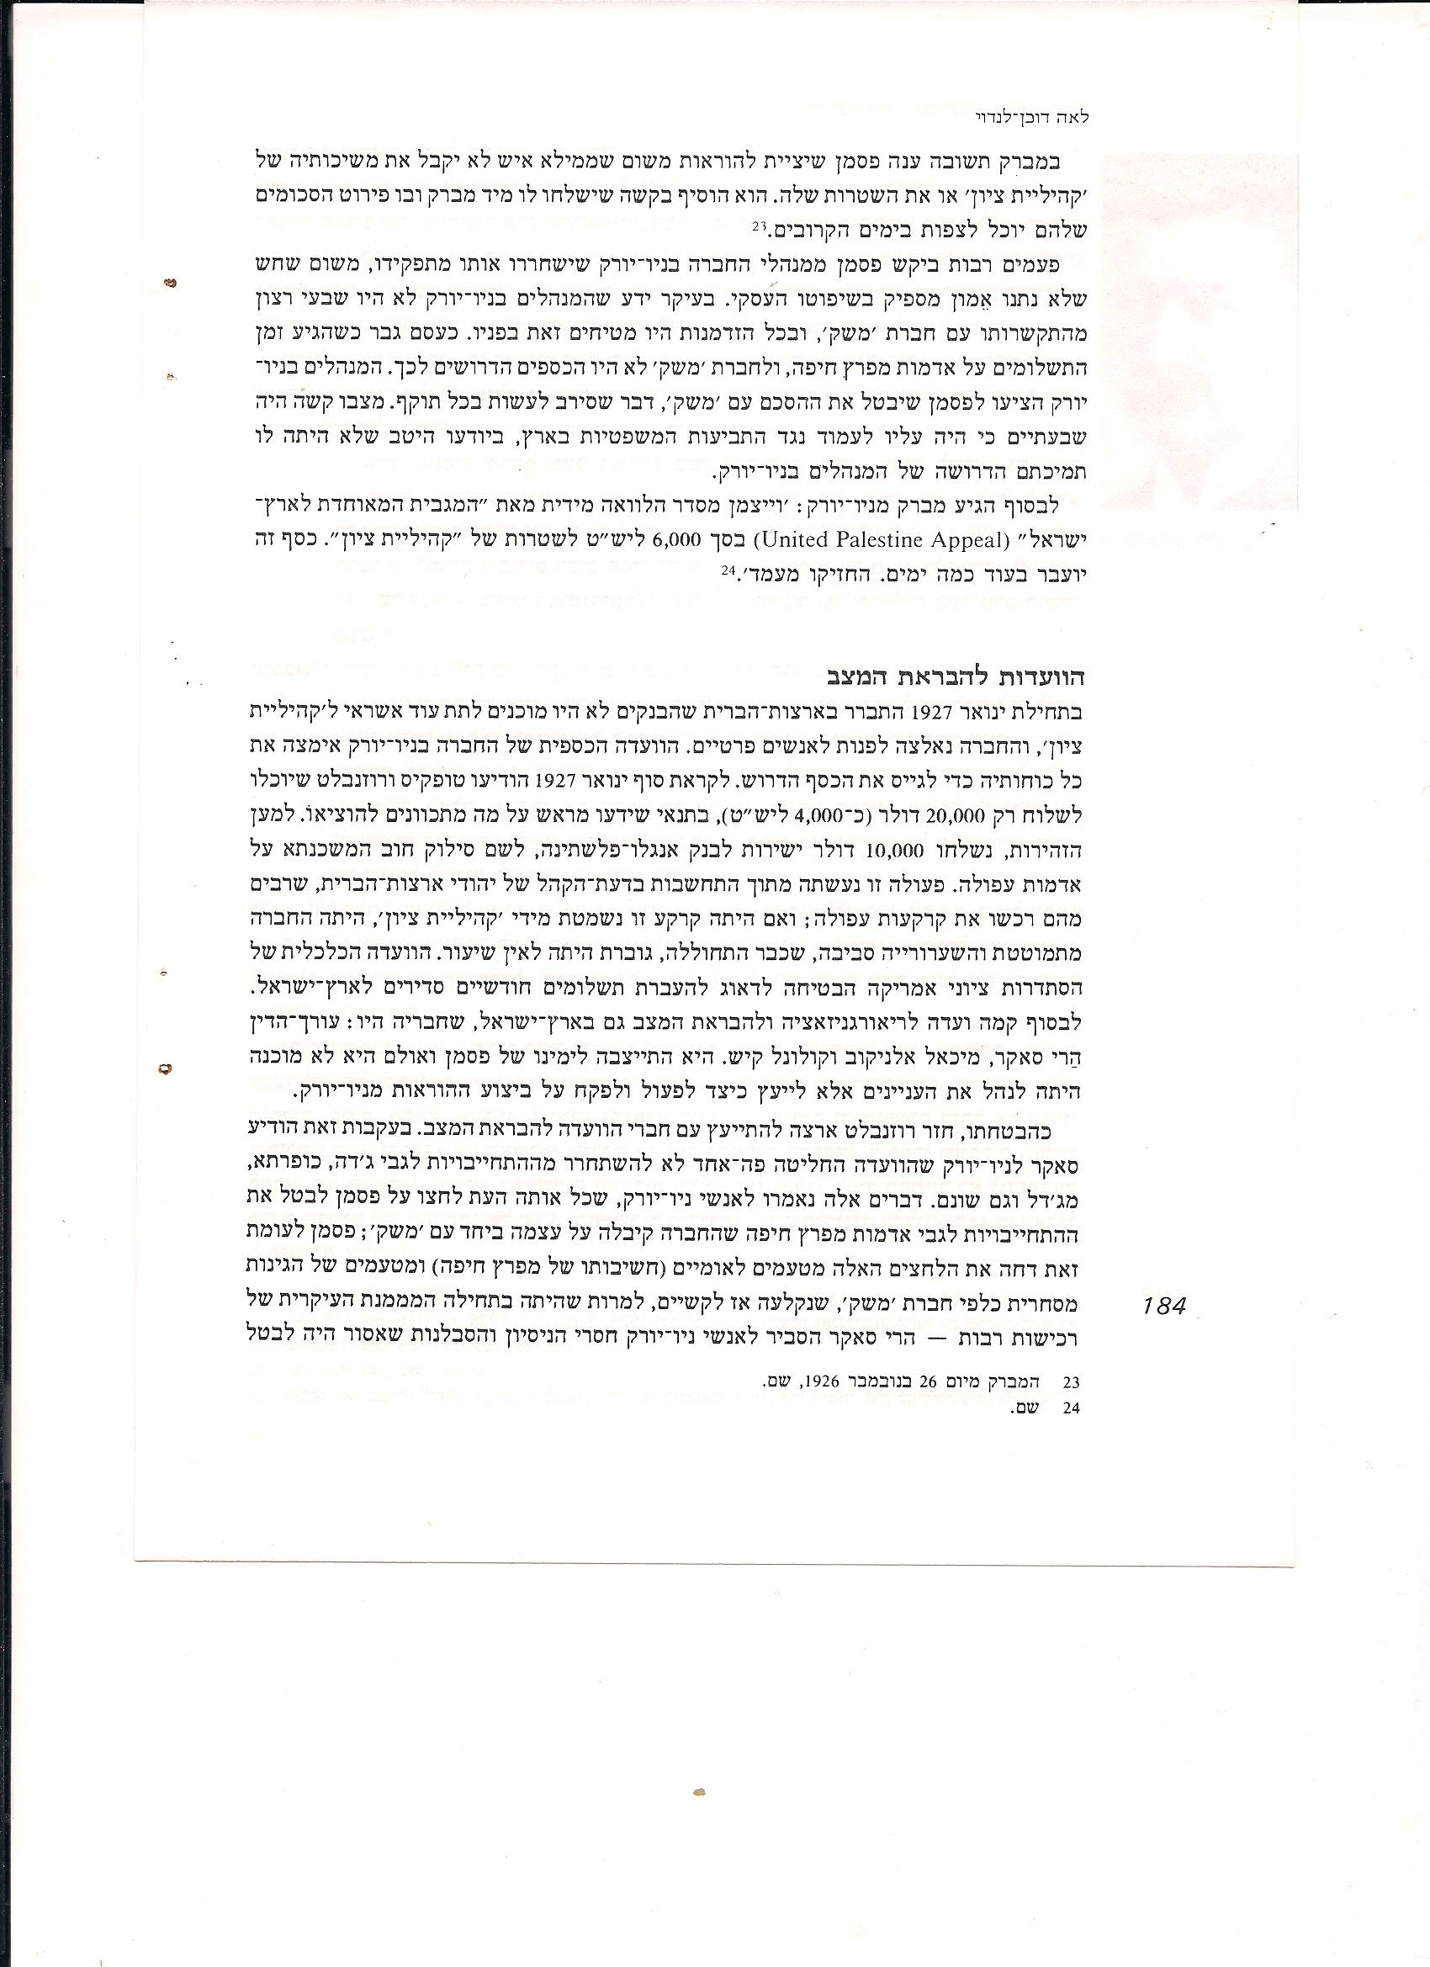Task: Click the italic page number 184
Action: tap(1162, 1305)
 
